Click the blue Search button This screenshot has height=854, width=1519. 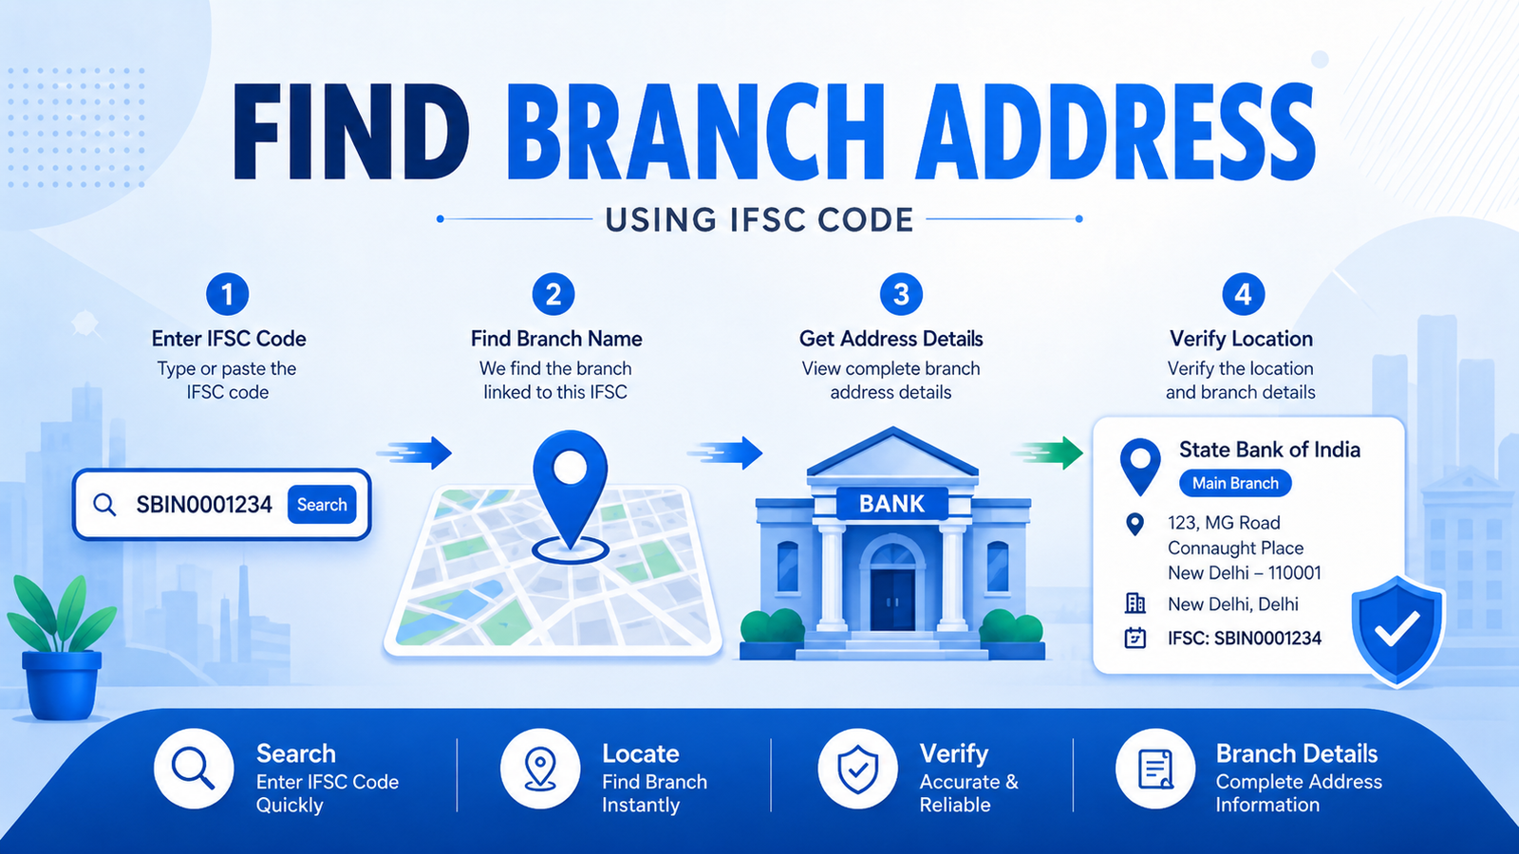click(x=322, y=504)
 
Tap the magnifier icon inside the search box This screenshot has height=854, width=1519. click(x=103, y=504)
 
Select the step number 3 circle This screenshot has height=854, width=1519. click(x=901, y=294)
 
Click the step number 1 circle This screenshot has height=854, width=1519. click(x=227, y=294)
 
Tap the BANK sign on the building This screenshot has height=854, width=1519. click(x=891, y=504)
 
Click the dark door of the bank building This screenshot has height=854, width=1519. click(x=893, y=600)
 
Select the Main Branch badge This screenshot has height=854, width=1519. click(x=1235, y=483)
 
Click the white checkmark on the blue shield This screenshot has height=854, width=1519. click(x=1397, y=627)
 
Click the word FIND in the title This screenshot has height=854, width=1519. click(x=350, y=132)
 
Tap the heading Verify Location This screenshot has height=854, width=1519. click(x=1241, y=339)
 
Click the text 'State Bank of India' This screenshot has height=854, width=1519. click(x=1269, y=450)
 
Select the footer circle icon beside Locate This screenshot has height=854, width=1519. click(x=540, y=769)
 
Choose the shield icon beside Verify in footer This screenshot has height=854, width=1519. click(x=857, y=769)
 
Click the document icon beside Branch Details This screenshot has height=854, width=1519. click(x=1154, y=769)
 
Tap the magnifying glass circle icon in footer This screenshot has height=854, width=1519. click(x=194, y=769)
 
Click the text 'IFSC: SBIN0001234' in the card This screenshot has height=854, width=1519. click(x=1245, y=638)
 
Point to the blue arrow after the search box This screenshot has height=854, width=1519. click(x=414, y=453)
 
